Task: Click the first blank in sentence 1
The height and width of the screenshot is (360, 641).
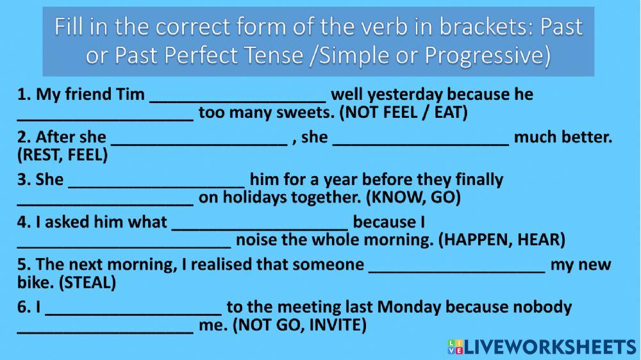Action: click(x=238, y=95)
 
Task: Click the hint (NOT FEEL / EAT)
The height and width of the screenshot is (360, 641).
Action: click(x=404, y=113)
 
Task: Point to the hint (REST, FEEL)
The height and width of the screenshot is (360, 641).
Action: click(x=63, y=156)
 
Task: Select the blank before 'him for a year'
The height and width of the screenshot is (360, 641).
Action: click(x=156, y=180)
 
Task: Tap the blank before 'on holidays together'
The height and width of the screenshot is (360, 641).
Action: click(x=105, y=199)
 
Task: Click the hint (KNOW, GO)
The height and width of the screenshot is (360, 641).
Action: click(x=413, y=198)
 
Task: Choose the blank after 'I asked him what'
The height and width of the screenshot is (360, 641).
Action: click(x=260, y=223)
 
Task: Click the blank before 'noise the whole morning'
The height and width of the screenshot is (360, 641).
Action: click(x=124, y=241)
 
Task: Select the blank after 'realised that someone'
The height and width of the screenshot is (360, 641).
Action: click(x=457, y=265)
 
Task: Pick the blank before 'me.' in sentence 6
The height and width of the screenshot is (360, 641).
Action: click(x=105, y=326)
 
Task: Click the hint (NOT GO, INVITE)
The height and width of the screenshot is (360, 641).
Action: click(x=300, y=326)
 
